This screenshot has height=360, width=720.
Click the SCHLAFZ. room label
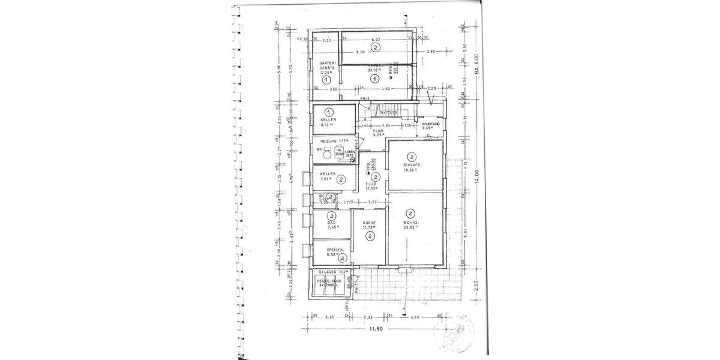click(412, 165)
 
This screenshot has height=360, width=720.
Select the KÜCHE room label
click(370, 223)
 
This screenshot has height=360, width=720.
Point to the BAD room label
click(331, 223)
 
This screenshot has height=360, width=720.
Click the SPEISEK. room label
click(334, 250)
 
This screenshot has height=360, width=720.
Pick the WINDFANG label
click(431, 124)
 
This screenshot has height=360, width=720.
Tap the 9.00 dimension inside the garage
click(360, 52)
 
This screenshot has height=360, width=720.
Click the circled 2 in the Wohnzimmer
click(411, 212)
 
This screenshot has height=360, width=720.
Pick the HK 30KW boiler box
click(340, 152)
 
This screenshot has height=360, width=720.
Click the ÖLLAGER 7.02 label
click(332, 274)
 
